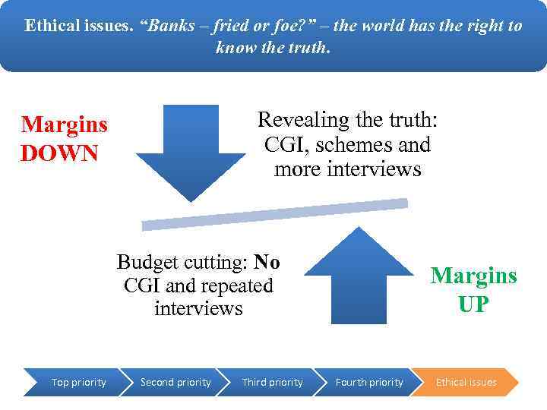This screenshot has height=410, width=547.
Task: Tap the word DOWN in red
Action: (x=59, y=154)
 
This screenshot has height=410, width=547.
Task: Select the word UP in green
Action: (x=473, y=304)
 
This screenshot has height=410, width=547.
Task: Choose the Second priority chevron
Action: (x=175, y=382)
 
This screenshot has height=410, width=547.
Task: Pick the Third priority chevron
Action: (x=272, y=382)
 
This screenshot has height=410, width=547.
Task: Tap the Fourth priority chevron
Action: (x=369, y=382)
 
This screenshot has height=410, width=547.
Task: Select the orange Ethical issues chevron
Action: (x=466, y=382)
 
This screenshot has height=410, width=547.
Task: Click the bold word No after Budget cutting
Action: (x=267, y=263)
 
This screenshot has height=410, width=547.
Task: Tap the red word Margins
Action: (x=65, y=125)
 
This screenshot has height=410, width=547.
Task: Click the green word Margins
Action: (x=473, y=275)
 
